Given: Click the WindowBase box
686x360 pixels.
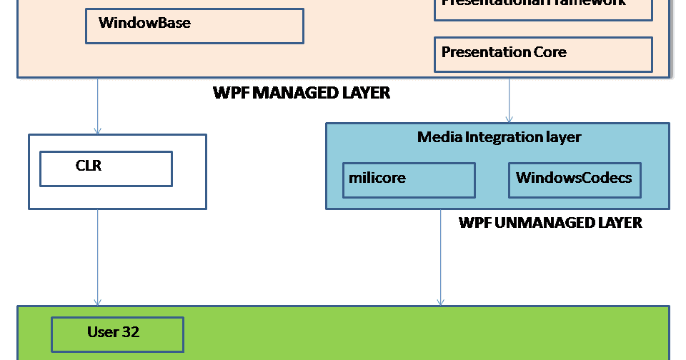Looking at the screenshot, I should pos(194,26).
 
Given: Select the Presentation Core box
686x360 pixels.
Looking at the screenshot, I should pos(543,54).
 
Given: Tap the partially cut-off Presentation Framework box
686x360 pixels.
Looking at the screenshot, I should pos(543,9).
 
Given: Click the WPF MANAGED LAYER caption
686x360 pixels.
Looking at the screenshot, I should pos(302,93).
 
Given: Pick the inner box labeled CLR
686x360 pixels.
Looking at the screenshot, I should pos(106,169).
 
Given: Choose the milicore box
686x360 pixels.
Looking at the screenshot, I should pos(409,180).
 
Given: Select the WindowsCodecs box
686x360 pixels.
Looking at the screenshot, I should pos(575,180).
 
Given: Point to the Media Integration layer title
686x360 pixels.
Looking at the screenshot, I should pos(499,136).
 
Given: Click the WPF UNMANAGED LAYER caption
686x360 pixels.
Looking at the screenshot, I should pos(550,223).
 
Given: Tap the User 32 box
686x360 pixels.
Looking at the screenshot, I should pos(117,334).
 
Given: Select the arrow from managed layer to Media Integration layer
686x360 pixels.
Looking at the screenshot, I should pos(509,100).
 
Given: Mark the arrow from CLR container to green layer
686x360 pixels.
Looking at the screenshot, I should pos(98,257).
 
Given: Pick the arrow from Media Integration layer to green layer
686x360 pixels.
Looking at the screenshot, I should pos(441,257).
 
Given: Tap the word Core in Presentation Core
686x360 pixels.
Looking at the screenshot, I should pos(550,52).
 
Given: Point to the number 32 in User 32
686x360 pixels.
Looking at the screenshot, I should pos(130,332).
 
